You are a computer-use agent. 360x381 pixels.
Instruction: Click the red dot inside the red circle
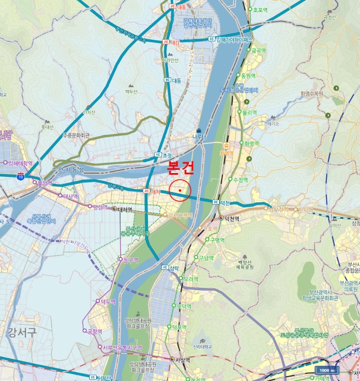[179, 190]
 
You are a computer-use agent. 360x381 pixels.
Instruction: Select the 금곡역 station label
[258, 51]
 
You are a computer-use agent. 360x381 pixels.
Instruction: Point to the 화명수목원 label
[312, 94]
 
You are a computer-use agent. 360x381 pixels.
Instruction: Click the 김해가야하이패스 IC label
[234, 40]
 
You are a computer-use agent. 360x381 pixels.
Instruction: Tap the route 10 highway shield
[21, 175]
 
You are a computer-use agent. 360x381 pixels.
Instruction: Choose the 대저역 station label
[125, 210]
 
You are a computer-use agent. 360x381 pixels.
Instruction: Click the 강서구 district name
[22, 331]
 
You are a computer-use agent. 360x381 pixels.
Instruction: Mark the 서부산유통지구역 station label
[122, 347]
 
